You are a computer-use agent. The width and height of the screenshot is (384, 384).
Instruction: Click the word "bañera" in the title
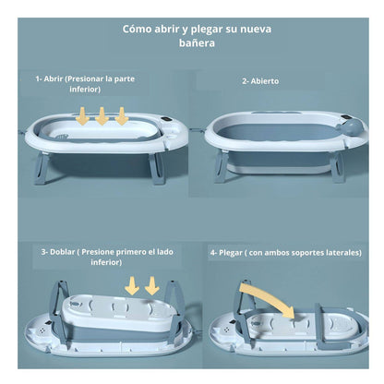pyautogui.click(x=197, y=42)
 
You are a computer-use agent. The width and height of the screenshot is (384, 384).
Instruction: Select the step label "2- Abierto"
pyautogui.click(x=260, y=81)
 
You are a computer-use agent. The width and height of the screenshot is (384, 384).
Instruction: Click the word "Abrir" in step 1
pyautogui.click(x=54, y=78)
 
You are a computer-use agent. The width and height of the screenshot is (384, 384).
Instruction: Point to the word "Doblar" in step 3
pyautogui.click(x=63, y=252)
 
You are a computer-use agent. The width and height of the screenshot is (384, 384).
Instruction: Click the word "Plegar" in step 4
pyautogui.click(x=231, y=253)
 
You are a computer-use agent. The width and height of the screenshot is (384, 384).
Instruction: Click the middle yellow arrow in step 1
pyautogui.click(x=102, y=116)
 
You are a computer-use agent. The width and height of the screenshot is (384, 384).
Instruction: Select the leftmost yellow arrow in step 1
pyautogui.click(x=82, y=116)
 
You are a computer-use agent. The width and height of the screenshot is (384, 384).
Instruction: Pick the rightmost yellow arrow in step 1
pyautogui.click(x=122, y=116)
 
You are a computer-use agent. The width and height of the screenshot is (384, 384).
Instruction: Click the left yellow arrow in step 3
pyautogui.click(x=132, y=286)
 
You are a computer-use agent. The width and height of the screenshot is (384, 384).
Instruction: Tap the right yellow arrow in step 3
pyautogui.click(x=151, y=286)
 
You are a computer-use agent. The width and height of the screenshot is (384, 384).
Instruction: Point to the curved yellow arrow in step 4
pyautogui.click(x=269, y=298)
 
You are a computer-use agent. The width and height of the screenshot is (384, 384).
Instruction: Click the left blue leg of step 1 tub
pyautogui.click(x=42, y=169)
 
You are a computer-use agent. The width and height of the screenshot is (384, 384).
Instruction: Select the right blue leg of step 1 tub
pyautogui.click(x=158, y=169)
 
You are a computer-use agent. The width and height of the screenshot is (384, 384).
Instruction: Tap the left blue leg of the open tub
pyautogui.click(x=222, y=166)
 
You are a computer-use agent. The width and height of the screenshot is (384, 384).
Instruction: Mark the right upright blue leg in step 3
pyautogui.click(x=175, y=306)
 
